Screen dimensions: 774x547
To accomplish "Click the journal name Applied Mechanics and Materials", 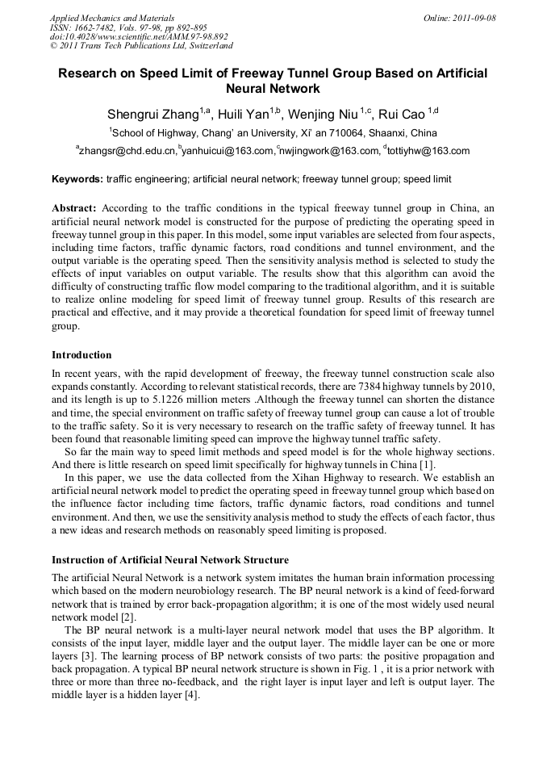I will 112,17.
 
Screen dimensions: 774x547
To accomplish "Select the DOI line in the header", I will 139,36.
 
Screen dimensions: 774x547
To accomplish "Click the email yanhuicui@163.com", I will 228,151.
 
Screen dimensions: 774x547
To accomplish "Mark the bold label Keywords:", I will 77,178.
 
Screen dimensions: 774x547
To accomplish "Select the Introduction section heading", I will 81,355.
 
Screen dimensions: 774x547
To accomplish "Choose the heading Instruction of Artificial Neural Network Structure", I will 170,559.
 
